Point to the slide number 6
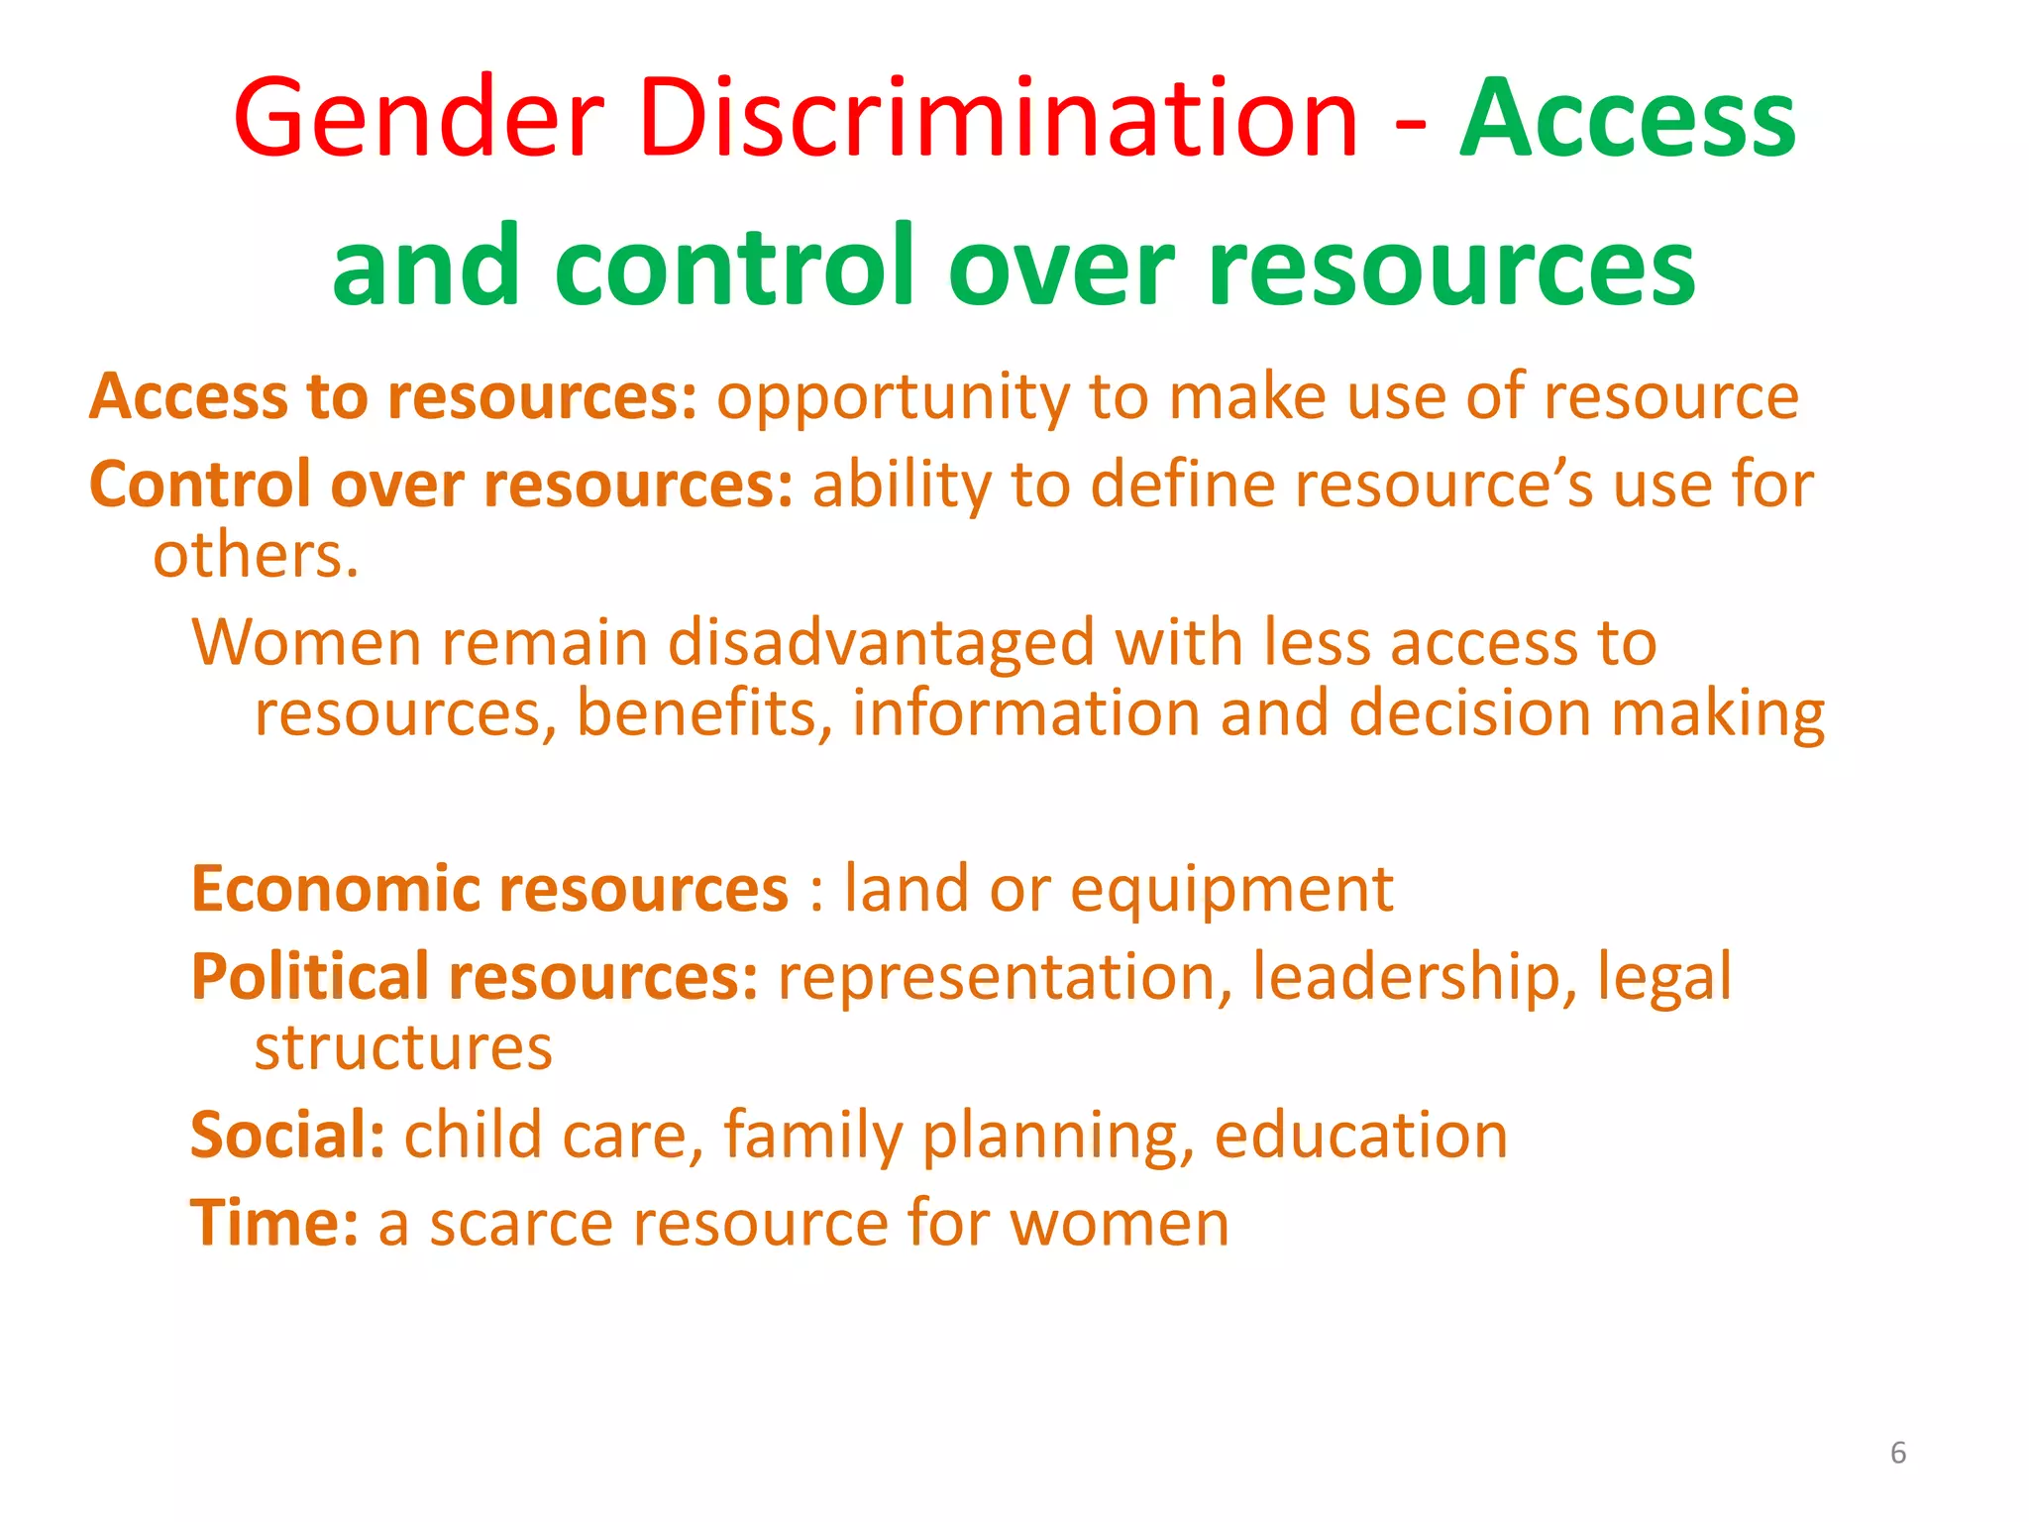1897,1453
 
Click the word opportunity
893,398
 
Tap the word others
255,555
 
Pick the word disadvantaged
881,645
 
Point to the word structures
403,1048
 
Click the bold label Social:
287,1136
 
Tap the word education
1360,1136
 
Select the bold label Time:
273,1224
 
